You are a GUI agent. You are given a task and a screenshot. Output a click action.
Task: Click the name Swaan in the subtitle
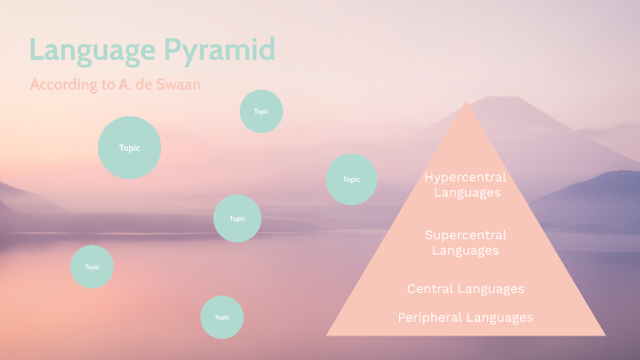click(180, 85)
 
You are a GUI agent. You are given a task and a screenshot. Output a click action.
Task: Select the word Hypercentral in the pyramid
click(465, 177)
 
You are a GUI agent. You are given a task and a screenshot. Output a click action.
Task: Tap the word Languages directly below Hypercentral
click(466, 193)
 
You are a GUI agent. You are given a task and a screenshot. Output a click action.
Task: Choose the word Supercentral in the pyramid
click(465, 235)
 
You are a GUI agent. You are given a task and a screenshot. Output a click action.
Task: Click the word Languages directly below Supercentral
click(465, 250)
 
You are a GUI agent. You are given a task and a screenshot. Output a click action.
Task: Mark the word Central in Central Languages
click(431, 289)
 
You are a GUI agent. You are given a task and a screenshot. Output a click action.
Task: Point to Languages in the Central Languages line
click(491, 289)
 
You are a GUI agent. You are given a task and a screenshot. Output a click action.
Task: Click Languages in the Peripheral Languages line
click(499, 317)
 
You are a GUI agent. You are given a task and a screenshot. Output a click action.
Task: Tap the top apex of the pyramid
click(466, 102)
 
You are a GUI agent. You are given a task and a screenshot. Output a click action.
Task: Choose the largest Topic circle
click(129, 147)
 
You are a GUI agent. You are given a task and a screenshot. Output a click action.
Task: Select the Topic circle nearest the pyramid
click(352, 179)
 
